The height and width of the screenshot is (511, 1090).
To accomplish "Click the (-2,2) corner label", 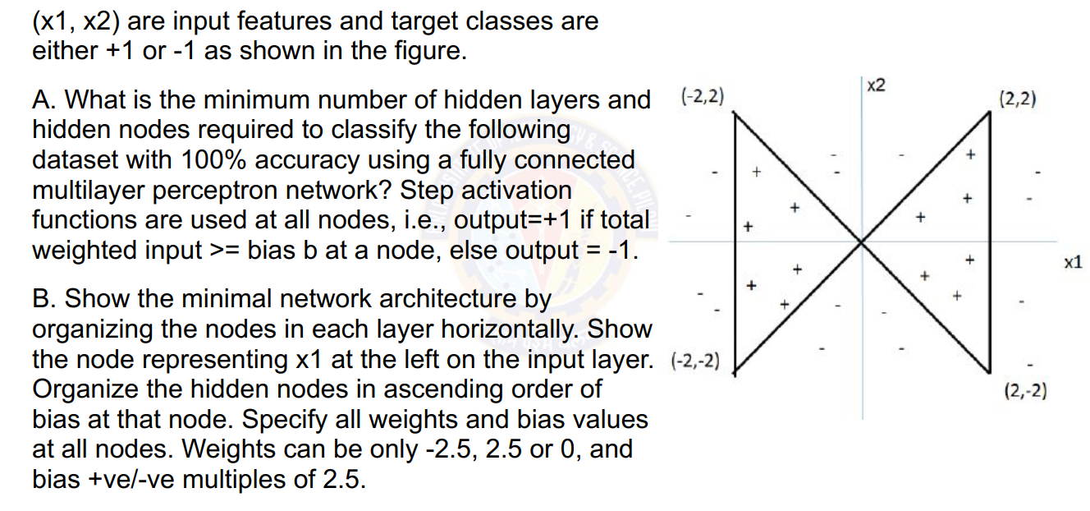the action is pyautogui.click(x=703, y=97).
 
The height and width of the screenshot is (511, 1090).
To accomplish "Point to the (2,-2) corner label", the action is pyautogui.click(x=1025, y=391).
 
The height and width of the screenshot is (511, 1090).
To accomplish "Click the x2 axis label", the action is pyautogui.click(x=876, y=85).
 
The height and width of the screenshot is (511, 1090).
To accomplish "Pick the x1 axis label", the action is pyautogui.click(x=1072, y=263).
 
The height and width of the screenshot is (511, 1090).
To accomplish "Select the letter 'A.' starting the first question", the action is pyautogui.click(x=44, y=99).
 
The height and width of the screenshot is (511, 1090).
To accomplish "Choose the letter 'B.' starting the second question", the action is pyautogui.click(x=44, y=299).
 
